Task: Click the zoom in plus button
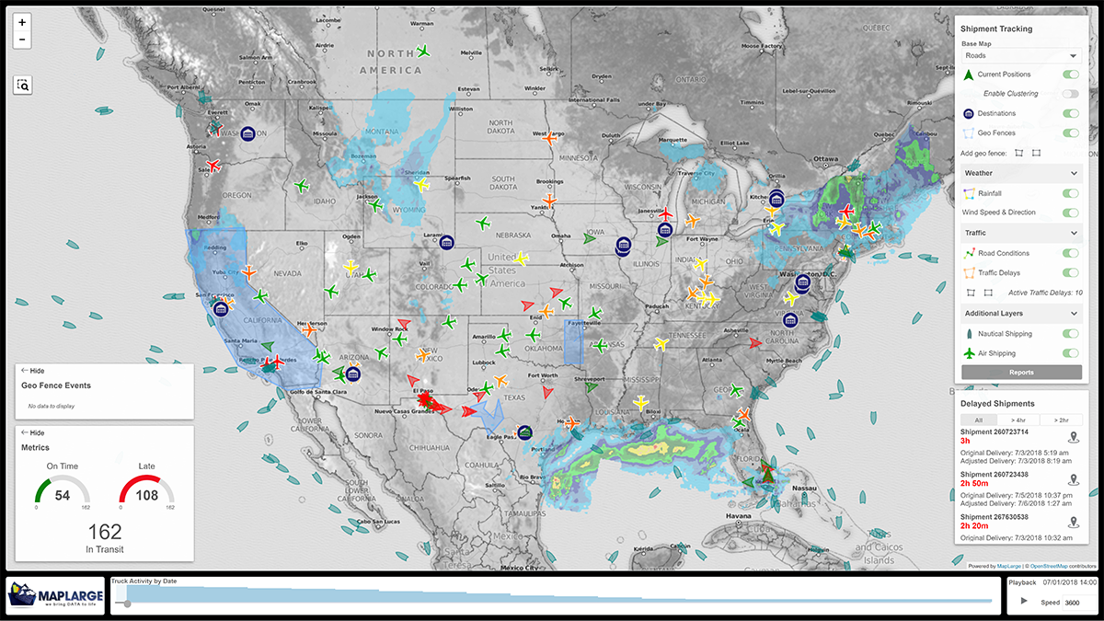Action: (22, 21)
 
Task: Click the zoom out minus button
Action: (22, 40)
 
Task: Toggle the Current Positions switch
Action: (1070, 75)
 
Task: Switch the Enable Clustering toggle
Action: (1070, 94)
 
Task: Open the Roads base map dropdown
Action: (1021, 56)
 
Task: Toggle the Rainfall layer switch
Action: (1070, 193)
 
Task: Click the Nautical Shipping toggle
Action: (1070, 334)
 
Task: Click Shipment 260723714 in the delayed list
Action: (994, 431)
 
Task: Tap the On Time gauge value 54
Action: (63, 496)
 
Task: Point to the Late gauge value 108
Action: (146, 496)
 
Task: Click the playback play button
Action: (1023, 601)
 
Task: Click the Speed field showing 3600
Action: (1074, 603)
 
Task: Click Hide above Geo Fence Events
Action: (33, 371)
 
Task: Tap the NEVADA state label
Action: (287, 273)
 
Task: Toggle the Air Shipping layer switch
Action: (1070, 353)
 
